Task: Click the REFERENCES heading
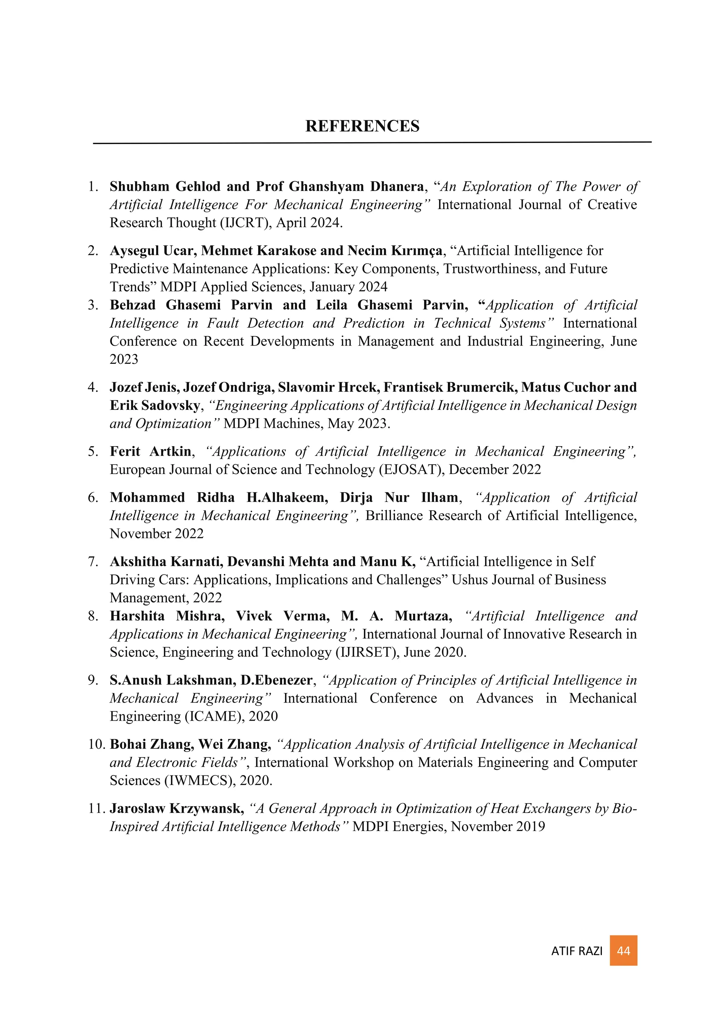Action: point(362,126)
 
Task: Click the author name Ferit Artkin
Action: point(150,451)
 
